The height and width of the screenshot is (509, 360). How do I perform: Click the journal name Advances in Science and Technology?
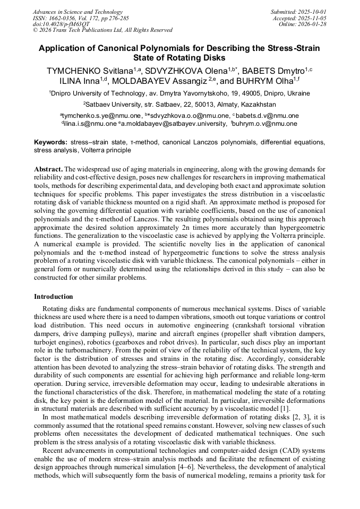coord(78,12)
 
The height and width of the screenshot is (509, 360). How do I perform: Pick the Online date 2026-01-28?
coord(302,24)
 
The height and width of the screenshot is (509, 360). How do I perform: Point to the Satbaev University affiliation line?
coord(179,105)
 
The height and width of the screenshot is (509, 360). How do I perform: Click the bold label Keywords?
coord(51,143)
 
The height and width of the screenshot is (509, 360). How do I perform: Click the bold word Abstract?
coord(48,169)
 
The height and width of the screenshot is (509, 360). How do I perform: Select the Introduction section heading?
coord(54,297)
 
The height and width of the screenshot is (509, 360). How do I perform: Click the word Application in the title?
coord(64,48)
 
